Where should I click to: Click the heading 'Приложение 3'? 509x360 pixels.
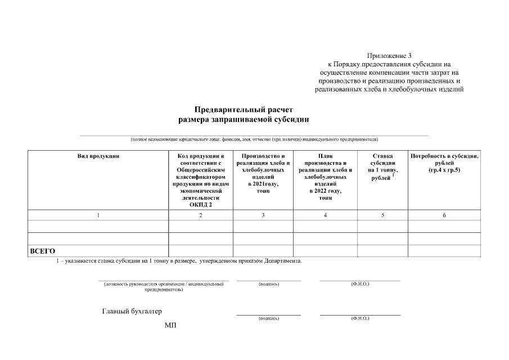[389, 56]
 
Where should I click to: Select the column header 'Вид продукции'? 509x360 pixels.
[98, 155]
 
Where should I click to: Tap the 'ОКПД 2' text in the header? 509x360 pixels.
[201, 205]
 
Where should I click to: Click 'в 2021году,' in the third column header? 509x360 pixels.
[263, 183]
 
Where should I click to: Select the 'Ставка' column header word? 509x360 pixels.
[382, 156]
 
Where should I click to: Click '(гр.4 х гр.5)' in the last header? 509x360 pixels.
[444, 170]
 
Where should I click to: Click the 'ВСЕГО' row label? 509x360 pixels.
[42, 251]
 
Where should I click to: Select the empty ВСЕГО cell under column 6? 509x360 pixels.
[444, 251]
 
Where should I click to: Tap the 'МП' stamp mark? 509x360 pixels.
[170, 326]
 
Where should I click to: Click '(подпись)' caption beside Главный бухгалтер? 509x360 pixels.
[268, 318]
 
